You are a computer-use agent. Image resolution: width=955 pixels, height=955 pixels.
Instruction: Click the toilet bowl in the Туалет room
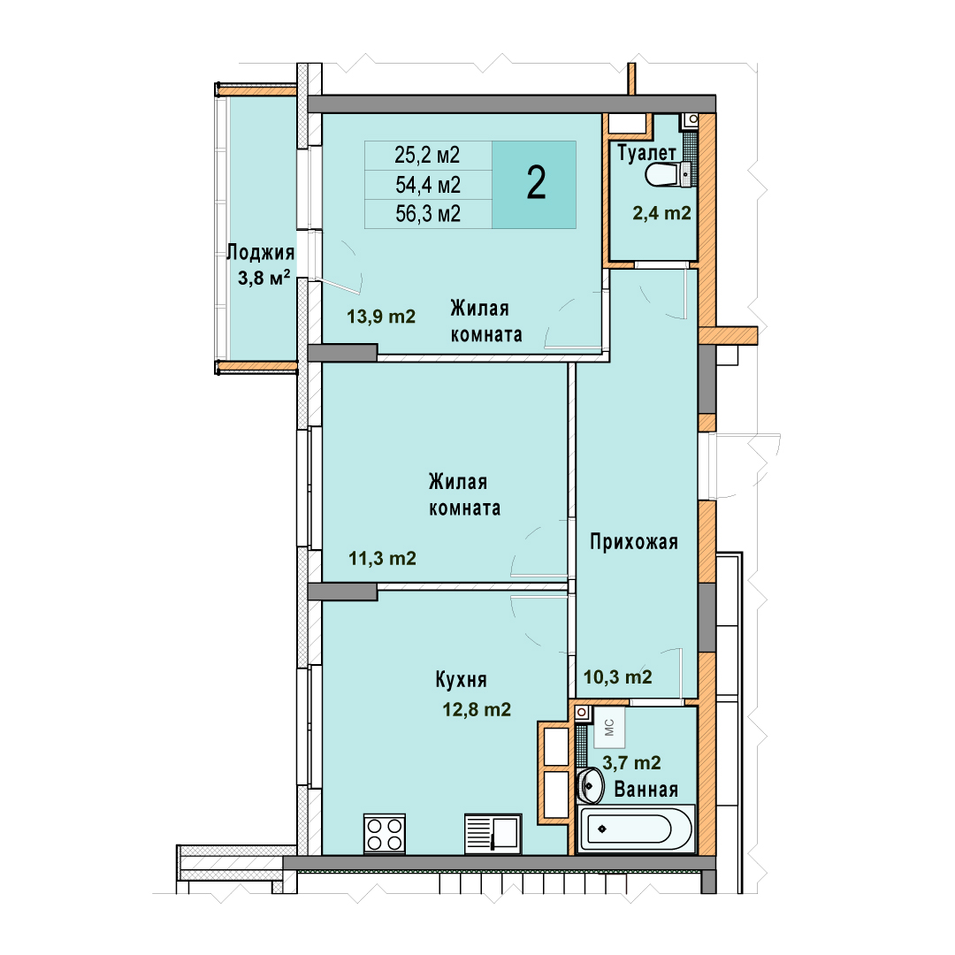668,175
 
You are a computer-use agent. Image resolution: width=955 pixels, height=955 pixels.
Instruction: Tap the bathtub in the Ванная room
636,829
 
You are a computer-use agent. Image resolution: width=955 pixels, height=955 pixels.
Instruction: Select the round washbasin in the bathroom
590,785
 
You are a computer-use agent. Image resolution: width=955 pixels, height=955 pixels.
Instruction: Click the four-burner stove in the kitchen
385,834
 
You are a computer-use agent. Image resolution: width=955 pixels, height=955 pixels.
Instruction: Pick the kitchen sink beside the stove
493,834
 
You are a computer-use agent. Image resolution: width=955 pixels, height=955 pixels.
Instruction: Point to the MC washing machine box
609,727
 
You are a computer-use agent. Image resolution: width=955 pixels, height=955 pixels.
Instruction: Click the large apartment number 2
536,183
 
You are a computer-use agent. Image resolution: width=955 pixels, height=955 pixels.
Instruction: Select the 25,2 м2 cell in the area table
428,156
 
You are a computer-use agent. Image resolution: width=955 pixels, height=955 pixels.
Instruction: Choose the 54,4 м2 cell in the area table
428,185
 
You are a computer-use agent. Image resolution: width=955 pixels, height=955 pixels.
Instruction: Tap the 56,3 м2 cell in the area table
428,214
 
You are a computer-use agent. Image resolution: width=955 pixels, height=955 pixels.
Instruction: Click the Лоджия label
261,252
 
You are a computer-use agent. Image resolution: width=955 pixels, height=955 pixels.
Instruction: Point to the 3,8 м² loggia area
264,278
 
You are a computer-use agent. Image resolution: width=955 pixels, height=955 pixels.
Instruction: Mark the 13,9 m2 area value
381,316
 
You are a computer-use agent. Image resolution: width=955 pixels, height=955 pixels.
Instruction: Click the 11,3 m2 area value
383,558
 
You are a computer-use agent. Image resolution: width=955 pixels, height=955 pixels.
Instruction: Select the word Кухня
461,680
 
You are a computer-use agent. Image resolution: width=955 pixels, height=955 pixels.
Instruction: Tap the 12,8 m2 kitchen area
477,709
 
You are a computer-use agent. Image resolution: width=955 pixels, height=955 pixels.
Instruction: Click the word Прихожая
634,541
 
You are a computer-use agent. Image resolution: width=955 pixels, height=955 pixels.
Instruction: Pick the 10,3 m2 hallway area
618,676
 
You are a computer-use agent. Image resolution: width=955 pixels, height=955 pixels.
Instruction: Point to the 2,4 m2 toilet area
662,212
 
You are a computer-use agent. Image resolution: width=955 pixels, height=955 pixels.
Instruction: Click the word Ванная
646,790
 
